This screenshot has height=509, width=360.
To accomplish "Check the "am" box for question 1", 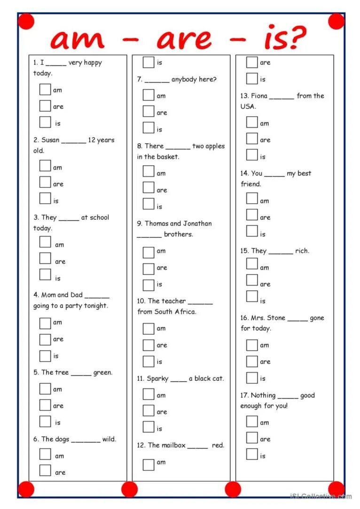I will (45, 89).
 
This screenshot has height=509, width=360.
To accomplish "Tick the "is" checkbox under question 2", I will (45, 199).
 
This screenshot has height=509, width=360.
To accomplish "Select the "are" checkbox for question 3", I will (45, 259).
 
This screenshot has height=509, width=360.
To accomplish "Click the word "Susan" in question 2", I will (50, 140).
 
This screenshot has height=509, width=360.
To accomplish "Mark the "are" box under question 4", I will (45, 339).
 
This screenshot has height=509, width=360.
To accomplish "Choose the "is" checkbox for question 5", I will (45, 421).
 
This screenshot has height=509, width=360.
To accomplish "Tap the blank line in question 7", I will (157, 80).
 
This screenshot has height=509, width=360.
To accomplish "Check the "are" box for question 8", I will (149, 188).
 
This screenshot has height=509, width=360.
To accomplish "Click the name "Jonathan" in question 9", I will (197, 224).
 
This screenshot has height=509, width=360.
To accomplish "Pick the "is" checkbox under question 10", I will (149, 361).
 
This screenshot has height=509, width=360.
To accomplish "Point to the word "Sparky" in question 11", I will (157, 378).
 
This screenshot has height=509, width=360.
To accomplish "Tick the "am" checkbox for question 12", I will (149, 464).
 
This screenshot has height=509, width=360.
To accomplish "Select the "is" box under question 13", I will (252, 155).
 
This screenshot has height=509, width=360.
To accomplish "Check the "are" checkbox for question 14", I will (252, 215).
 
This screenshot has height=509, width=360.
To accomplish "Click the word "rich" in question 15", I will (302, 251).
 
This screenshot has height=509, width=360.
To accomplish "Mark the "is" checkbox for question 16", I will (252, 378).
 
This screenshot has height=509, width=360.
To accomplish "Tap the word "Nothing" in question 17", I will (263, 395).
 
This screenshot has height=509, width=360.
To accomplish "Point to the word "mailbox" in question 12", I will (173, 445).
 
